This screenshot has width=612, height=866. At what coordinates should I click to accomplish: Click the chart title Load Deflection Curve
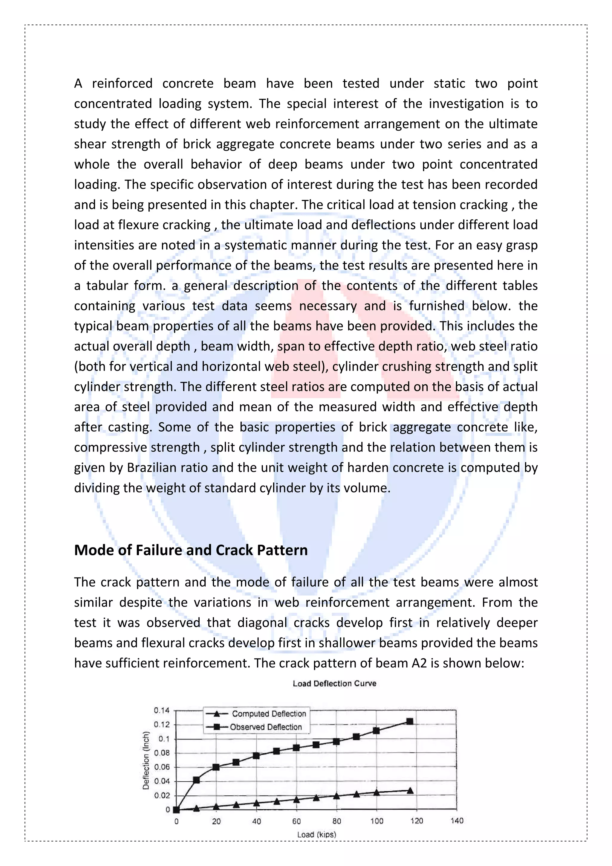click(334, 684)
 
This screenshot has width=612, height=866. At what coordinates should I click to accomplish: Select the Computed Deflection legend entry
click(269, 713)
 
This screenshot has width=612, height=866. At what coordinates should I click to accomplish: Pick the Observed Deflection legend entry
click(266, 727)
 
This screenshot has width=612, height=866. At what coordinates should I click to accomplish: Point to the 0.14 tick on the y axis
click(162, 711)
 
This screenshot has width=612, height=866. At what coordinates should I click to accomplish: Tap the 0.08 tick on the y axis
click(162, 753)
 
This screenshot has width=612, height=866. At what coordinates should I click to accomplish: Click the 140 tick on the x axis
click(457, 821)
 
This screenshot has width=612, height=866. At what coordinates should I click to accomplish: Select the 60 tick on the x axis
click(296, 821)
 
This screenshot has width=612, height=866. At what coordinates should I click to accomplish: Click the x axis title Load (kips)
click(316, 834)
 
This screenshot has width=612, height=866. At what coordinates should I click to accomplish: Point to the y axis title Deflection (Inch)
click(146, 760)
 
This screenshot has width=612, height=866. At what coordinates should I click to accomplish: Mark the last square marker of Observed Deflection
click(410, 721)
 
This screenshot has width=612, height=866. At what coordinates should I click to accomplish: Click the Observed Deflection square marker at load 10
click(196, 780)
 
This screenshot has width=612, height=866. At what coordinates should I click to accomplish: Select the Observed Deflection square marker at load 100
click(376, 731)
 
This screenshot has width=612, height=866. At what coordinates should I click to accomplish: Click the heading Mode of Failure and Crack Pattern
click(191, 550)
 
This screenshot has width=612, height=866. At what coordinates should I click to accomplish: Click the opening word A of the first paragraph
click(78, 83)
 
